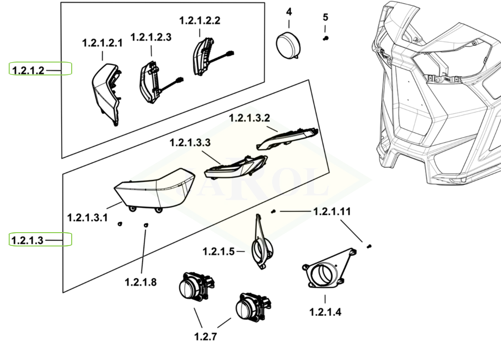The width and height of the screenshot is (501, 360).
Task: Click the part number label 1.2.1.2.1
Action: (102, 43)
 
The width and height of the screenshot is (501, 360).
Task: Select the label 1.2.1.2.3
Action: (151, 37)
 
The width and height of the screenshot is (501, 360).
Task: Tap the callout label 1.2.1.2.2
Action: (199, 21)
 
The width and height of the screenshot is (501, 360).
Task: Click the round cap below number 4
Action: (288, 45)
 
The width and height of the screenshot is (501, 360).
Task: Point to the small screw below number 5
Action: (326, 39)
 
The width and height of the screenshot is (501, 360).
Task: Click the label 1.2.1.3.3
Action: (190, 143)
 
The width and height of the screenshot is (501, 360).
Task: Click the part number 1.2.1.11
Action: (332, 211)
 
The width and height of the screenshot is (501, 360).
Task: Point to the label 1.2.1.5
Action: (219, 251)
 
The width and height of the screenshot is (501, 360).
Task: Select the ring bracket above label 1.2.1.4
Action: (327, 271)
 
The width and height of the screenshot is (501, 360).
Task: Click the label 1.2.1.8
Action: (141, 282)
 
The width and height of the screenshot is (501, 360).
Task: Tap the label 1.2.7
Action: (205, 337)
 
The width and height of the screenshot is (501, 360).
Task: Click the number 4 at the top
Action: (289, 11)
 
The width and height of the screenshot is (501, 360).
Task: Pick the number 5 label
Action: (325, 17)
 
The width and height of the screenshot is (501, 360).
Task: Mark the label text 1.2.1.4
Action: (325, 312)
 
